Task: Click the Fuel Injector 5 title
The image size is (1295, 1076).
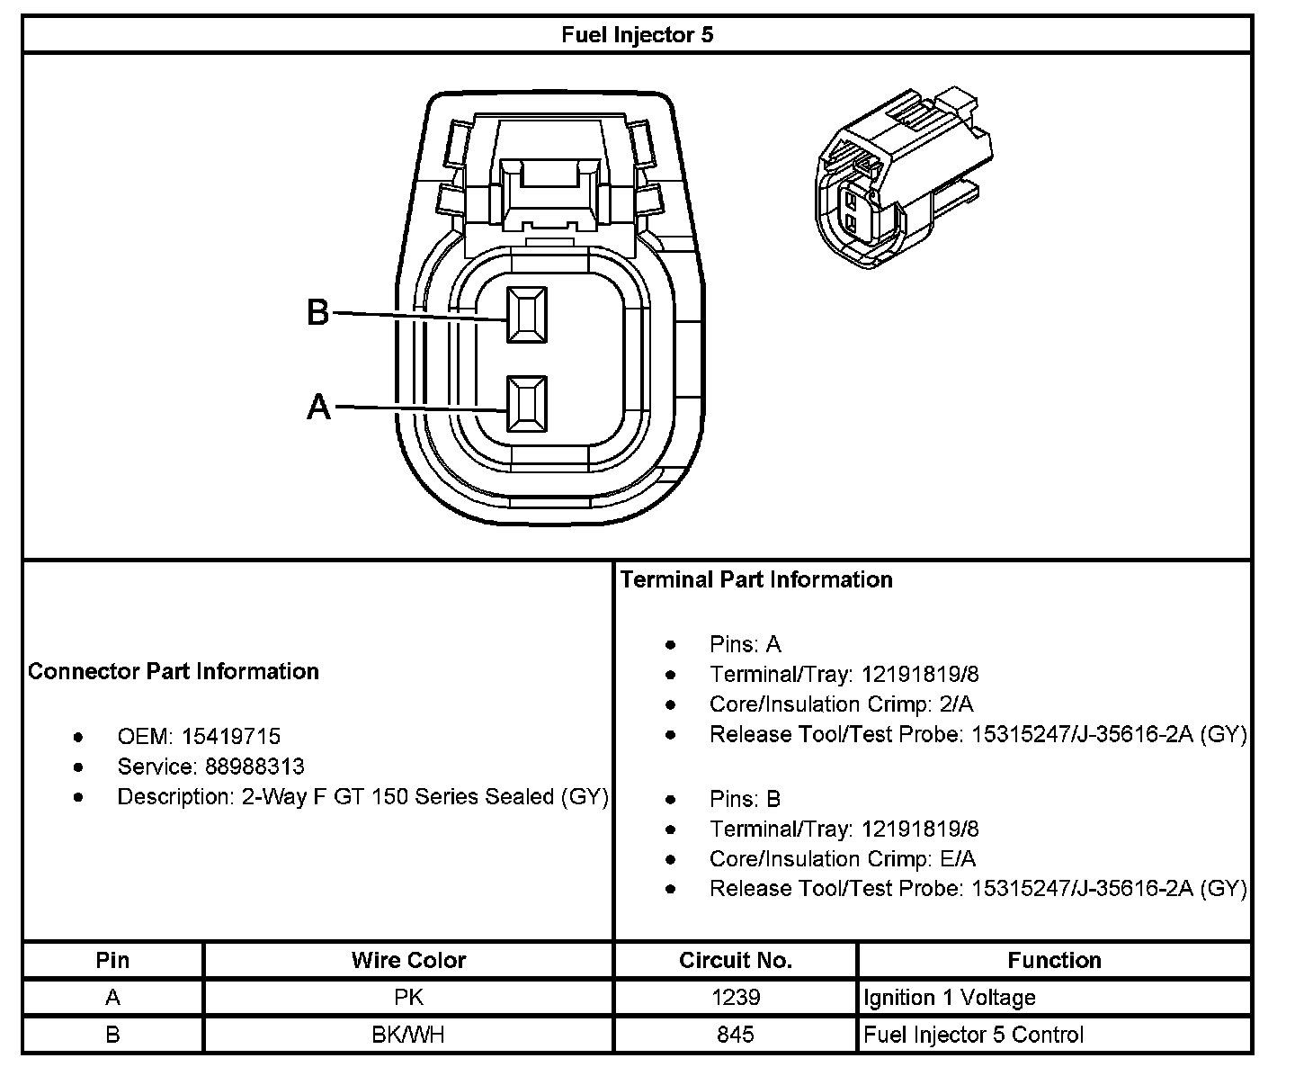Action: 637,35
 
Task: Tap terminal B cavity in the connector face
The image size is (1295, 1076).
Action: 526,315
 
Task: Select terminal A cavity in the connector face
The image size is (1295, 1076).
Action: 526,404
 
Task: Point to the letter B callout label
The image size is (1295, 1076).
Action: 318,313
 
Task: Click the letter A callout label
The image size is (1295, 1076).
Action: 318,408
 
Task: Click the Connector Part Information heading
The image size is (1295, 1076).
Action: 174,672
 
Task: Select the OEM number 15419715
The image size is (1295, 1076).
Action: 231,737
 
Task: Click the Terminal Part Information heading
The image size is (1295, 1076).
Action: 756,580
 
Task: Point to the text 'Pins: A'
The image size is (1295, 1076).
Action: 746,645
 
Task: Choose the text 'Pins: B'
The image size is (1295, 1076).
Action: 746,799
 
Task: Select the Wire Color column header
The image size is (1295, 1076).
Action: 408,961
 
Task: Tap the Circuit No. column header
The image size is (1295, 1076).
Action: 736,961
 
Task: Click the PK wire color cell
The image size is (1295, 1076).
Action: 408,998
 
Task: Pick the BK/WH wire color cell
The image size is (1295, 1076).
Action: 408,1035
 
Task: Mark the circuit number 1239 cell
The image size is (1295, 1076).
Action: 736,998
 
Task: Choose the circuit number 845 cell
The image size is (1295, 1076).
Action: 736,1035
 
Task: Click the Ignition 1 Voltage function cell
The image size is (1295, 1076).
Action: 950,998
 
